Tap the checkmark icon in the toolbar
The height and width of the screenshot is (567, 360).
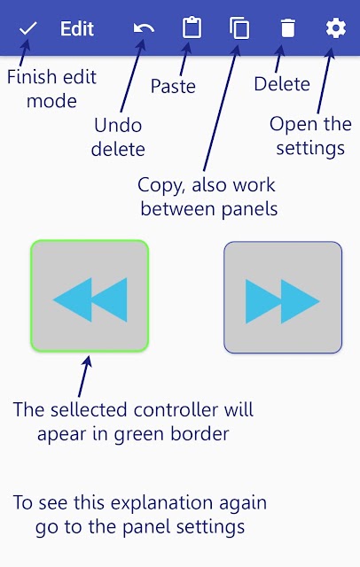tap(27, 28)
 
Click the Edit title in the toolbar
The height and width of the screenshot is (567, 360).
tap(77, 28)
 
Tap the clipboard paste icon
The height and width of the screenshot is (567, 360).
tap(192, 27)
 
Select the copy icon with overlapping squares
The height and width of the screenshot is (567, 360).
tap(239, 28)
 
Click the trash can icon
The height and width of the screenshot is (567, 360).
tap(288, 28)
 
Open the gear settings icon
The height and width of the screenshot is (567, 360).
tap(336, 28)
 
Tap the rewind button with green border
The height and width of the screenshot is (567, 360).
tap(90, 296)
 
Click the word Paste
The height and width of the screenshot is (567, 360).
tap(173, 86)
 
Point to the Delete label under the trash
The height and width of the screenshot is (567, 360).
tap(282, 84)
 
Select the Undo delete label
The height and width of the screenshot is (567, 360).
tap(118, 137)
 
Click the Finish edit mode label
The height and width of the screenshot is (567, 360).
tap(51, 89)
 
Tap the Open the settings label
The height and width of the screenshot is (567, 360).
tap(310, 136)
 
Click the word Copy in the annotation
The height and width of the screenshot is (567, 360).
tap(162, 185)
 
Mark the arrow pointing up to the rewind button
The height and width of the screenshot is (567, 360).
tap(84, 376)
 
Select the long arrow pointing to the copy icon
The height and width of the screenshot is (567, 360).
tap(221, 108)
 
